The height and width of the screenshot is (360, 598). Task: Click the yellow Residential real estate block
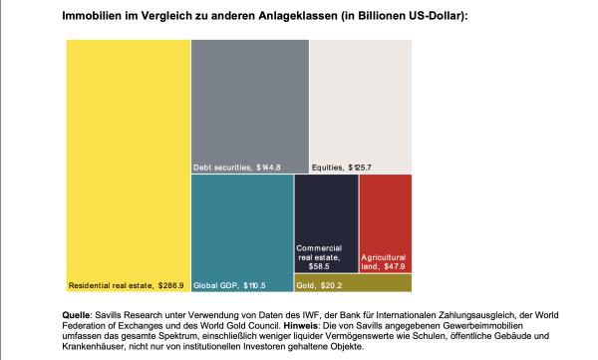(128, 150)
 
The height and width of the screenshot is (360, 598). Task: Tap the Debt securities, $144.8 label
(237, 167)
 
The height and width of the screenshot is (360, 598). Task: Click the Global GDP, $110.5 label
(229, 285)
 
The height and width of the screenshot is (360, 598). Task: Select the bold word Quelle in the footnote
(77, 315)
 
